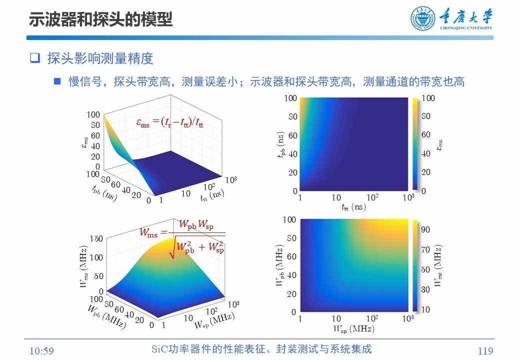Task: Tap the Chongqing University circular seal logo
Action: tap(423, 19)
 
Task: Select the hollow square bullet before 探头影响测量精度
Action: tap(34, 58)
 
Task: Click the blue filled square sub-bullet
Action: tap(57, 81)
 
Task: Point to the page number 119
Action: tap(485, 351)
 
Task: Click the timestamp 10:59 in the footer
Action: tap(41, 351)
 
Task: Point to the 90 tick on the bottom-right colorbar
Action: tap(425, 229)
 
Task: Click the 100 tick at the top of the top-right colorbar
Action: tap(428, 98)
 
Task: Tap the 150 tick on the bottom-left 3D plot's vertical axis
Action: tap(96, 238)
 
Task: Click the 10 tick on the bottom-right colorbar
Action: tap(425, 309)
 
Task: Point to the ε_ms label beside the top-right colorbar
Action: tap(440, 144)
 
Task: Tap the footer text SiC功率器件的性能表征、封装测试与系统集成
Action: tap(261, 349)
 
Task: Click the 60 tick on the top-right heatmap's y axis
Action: tap(292, 135)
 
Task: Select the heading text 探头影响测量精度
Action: tap(100, 58)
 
